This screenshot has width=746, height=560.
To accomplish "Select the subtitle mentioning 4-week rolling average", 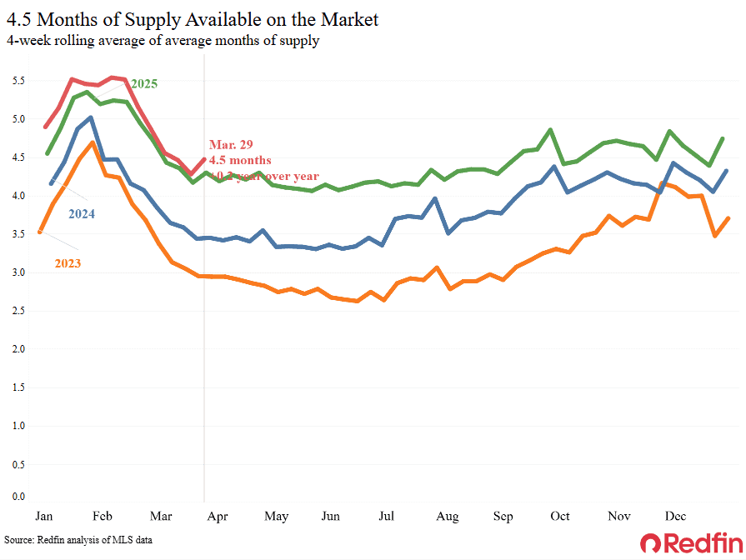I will [163, 41].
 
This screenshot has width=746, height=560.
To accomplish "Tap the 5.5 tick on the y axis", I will [19, 81].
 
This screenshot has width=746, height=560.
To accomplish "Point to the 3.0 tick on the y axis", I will [19, 272].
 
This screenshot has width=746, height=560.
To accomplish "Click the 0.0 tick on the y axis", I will [19, 497].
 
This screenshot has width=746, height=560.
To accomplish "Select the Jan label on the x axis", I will [45, 517].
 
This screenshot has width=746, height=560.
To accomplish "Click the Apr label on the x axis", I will [219, 517].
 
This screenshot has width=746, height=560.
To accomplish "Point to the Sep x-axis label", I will [503, 517].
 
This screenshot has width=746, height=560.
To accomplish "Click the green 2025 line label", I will [143, 83].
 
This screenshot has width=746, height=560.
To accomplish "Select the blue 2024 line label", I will [81, 214].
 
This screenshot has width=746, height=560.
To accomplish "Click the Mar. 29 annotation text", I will [231, 145].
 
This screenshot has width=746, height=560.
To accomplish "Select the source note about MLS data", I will [78, 540].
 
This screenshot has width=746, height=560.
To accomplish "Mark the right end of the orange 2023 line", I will [729, 218].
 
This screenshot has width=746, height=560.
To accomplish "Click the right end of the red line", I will [204, 160].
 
